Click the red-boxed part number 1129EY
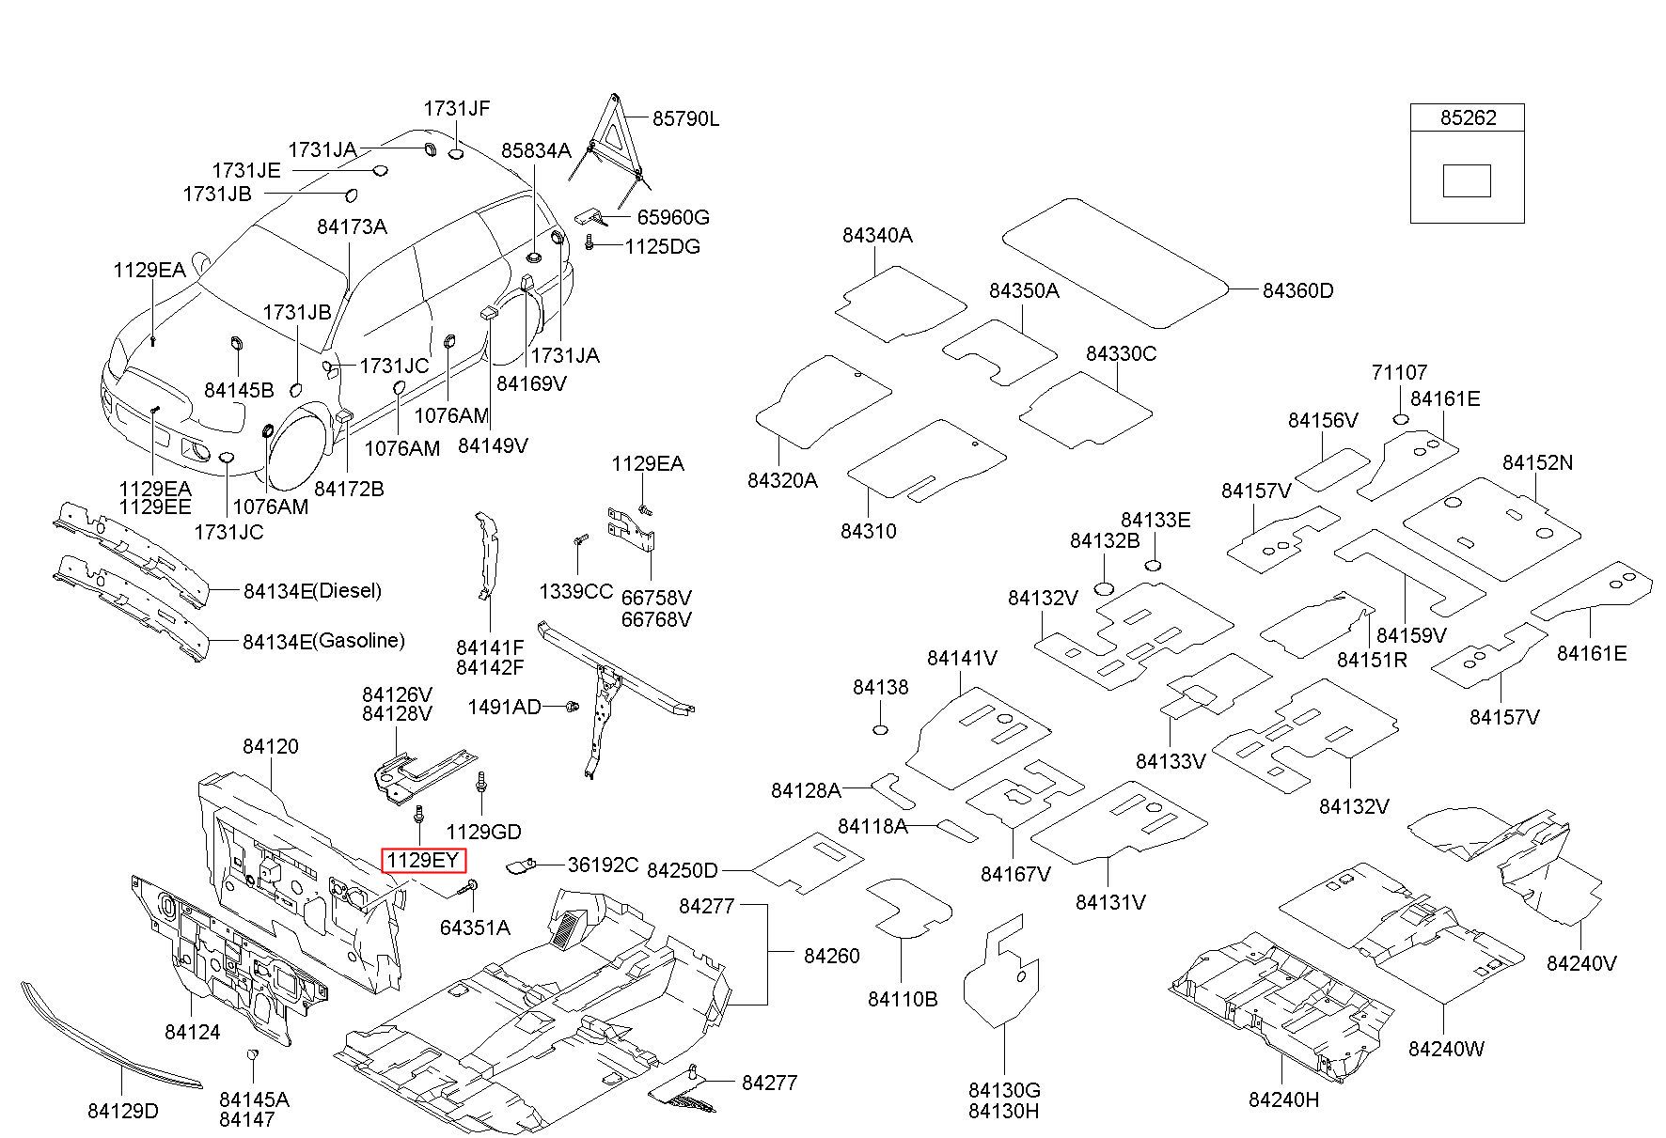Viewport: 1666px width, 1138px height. pos(422,860)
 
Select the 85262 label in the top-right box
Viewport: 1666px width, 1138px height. pos(1467,118)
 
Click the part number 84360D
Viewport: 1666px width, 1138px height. pos(1297,290)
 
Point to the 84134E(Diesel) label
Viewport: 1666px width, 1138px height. pos(312,591)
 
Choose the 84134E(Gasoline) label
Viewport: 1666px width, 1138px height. pos(323,641)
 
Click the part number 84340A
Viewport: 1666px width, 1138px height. pos(876,235)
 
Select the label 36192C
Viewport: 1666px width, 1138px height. pos(603,865)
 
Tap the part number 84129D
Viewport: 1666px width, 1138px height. pos(123,1111)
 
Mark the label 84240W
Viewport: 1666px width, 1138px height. pos(1446,1048)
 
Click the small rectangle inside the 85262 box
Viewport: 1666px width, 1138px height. pos(1467,180)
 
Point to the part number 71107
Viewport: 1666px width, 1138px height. pos(1399,373)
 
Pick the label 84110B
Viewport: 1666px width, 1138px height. pos(903,999)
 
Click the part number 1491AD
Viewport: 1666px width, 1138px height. pos(505,707)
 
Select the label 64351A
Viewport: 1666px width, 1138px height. pos(475,928)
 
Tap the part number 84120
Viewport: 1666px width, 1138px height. pos(271,746)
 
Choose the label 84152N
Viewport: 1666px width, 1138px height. pos(1537,462)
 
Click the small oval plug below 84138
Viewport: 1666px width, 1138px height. pos(881,730)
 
